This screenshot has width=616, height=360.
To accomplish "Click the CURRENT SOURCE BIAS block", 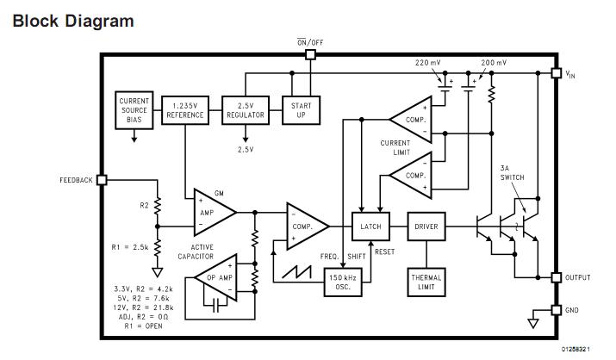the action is click(134, 110).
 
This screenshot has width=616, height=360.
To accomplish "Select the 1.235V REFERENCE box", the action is click(185, 110).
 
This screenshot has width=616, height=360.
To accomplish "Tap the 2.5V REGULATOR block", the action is click(246, 110).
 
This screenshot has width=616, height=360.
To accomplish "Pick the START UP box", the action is click(301, 110).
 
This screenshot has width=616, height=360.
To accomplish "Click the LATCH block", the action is click(370, 227).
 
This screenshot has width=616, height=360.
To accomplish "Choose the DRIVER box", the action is click(426, 227).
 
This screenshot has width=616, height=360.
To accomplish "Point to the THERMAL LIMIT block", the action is click(426, 282).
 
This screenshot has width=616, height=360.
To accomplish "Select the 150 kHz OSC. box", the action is click(343, 282).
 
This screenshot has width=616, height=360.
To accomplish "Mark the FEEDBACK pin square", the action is click(102, 180).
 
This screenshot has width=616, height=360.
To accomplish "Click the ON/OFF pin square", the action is click(310, 54).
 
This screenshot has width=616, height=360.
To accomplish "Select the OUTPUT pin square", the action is click(557, 277).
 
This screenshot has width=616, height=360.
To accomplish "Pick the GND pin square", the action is click(557, 310).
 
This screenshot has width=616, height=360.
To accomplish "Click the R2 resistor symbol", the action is click(157, 206).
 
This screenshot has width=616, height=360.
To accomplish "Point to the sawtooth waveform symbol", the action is click(297, 272).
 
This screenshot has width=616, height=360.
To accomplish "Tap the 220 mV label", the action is click(428, 62).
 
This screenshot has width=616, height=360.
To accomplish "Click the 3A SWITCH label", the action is click(512, 173).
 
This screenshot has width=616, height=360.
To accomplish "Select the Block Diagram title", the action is click(73, 22).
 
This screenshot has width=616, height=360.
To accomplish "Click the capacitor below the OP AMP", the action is click(215, 305).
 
